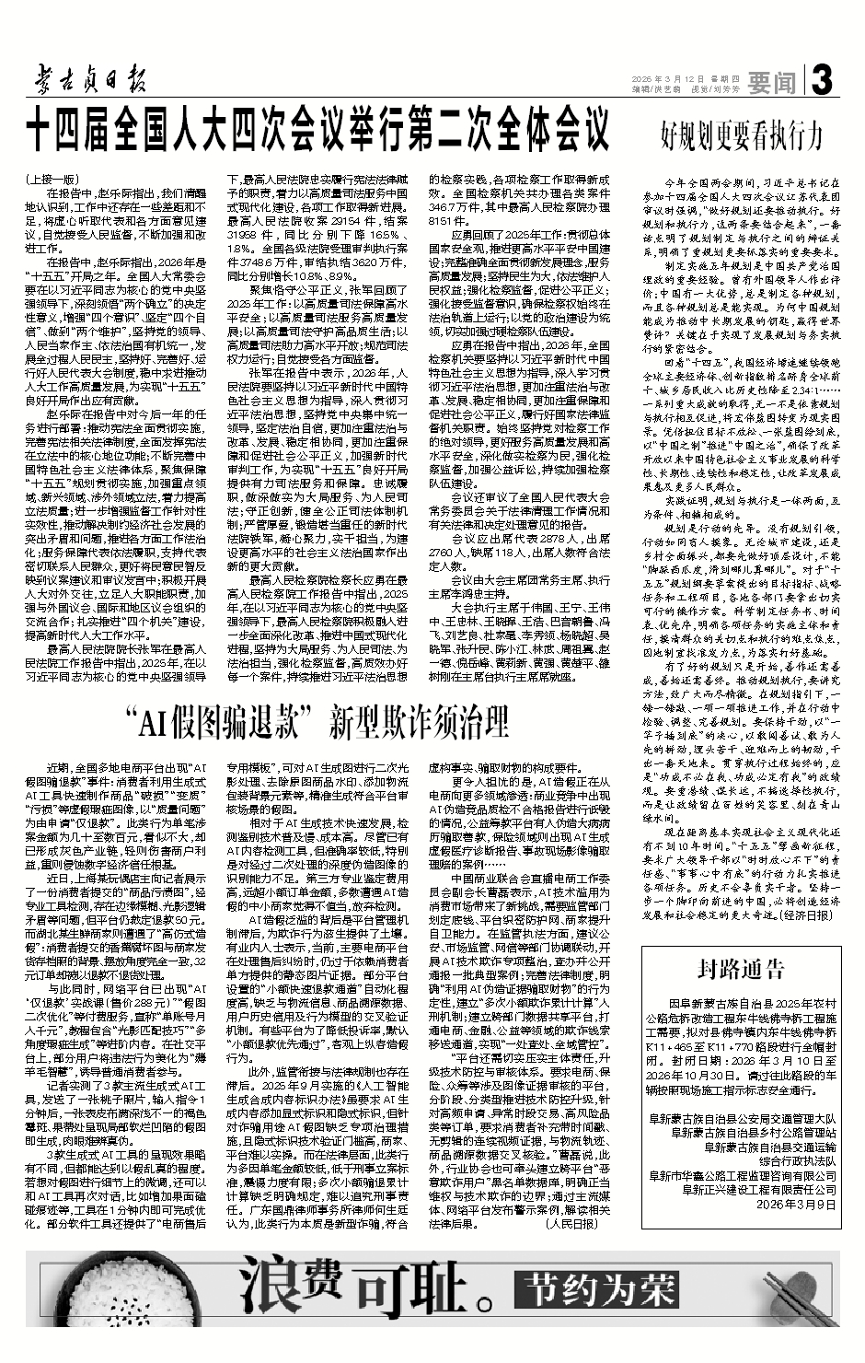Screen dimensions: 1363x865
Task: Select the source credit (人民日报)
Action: coord(571,1225)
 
